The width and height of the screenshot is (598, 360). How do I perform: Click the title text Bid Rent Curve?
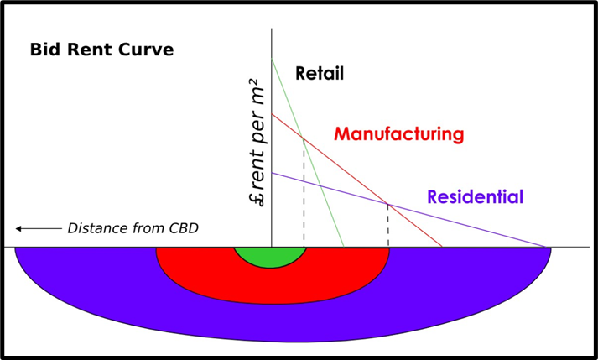pyautogui.click(x=101, y=50)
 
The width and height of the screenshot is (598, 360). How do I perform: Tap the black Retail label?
pyautogui.click(x=320, y=74)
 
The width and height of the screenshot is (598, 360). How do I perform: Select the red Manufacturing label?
pyautogui.click(x=398, y=134)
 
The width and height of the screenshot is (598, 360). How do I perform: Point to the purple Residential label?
pyautogui.click(x=475, y=198)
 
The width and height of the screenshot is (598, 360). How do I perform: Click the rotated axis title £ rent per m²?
pyautogui.click(x=257, y=143)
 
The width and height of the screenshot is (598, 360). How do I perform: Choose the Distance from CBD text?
pyautogui.click(x=133, y=228)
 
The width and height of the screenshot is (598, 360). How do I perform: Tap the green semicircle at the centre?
pyautogui.click(x=272, y=255)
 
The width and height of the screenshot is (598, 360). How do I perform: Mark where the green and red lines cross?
pyautogui.click(x=304, y=138)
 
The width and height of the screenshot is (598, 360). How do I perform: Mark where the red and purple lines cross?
pyautogui.click(x=387, y=204)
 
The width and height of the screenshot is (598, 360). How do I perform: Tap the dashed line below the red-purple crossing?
pyautogui.click(x=387, y=227)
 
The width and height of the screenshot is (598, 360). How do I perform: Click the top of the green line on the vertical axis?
pyautogui.click(x=272, y=59)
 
